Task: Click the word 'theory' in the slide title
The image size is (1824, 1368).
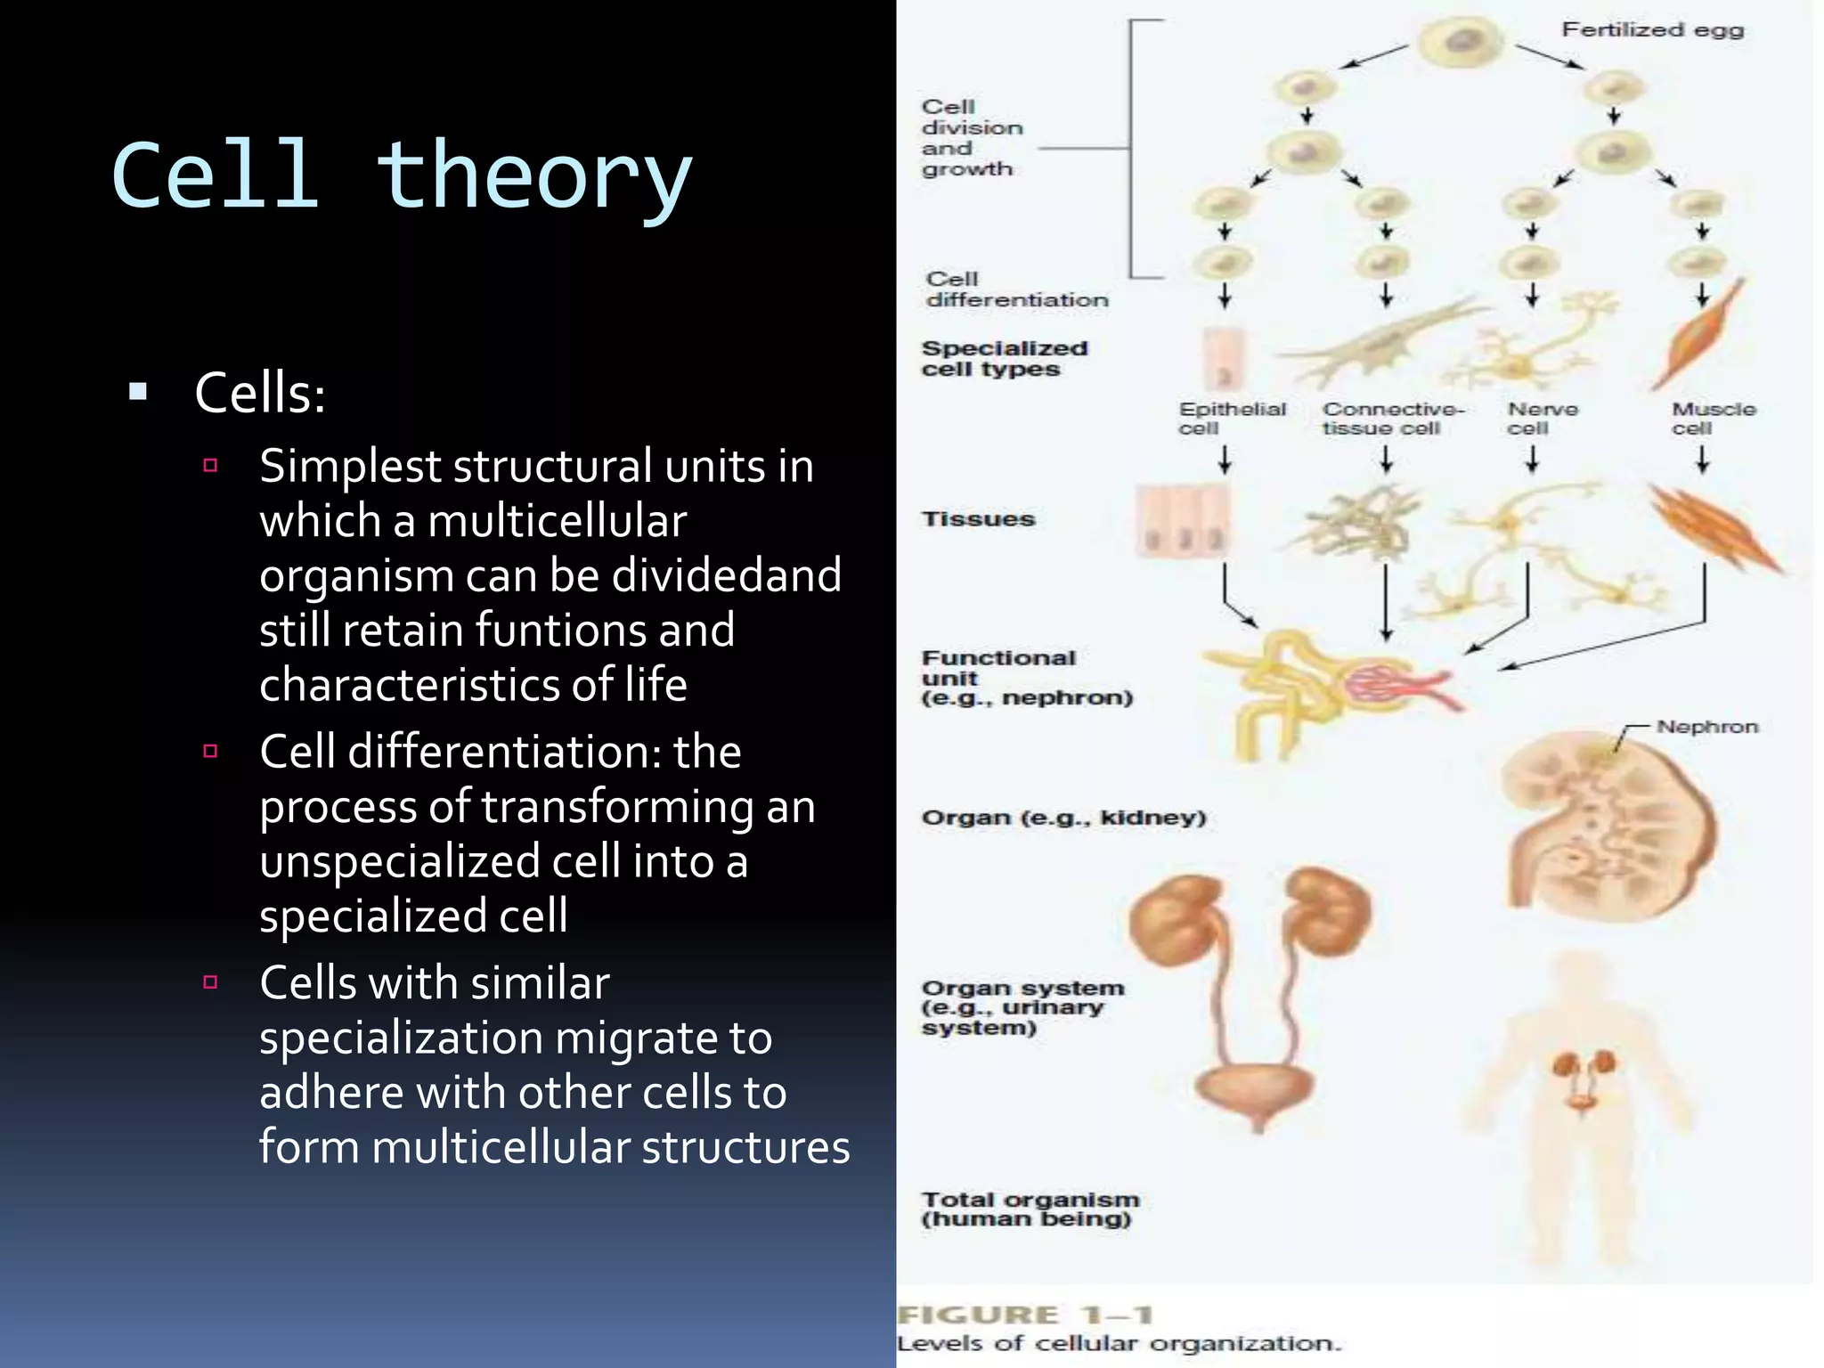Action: tap(533, 178)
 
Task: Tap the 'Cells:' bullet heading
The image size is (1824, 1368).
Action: tap(259, 393)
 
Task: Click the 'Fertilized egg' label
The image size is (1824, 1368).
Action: tap(1652, 30)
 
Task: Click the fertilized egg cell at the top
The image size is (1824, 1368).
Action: tap(1461, 41)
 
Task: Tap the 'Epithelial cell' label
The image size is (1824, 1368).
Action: tap(1231, 419)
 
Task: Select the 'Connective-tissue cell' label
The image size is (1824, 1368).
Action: tap(1391, 419)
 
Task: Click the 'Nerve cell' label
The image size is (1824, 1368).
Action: tap(1541, 419)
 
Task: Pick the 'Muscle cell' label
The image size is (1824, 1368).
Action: tap(1712, 419)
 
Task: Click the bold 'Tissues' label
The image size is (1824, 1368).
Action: tap(978, 519)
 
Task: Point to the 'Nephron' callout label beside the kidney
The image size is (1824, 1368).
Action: tap(1706, 727)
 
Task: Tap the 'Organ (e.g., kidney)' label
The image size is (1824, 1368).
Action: tap(1063, 818)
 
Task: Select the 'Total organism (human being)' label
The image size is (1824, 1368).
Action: tap(1030, 1209)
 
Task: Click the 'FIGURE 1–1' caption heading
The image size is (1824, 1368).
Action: tap(1024, 1315)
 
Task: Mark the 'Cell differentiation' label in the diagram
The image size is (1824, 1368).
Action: tap(1015, 290)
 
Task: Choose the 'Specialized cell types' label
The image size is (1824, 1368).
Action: tap(1004, 359)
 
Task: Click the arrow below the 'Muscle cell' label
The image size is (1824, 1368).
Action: tap(1702, 460)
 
